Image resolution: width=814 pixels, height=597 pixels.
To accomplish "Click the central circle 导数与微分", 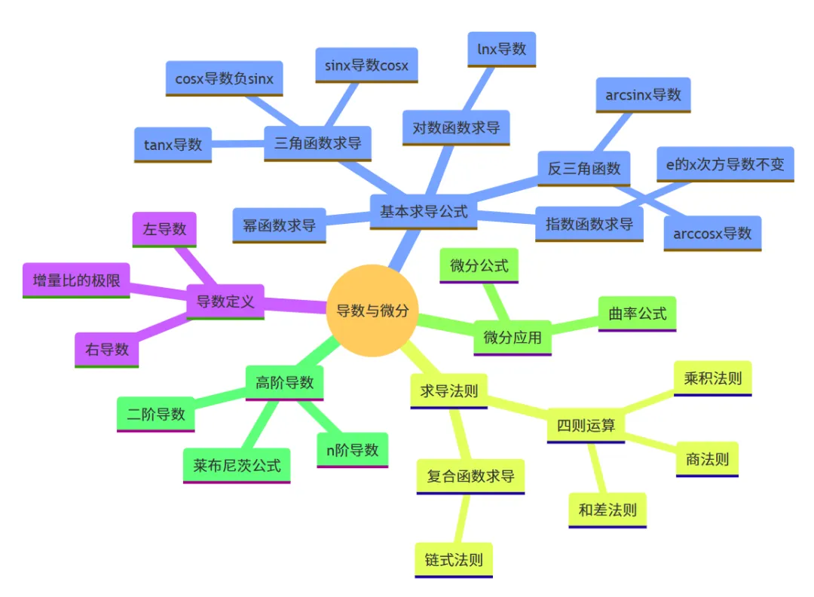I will coord(372,310).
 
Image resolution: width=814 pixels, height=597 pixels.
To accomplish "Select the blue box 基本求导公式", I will coord(424,211).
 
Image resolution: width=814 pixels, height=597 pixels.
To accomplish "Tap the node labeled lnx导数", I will coord(501,50).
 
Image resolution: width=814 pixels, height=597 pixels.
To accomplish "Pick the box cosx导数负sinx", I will coord(224,78).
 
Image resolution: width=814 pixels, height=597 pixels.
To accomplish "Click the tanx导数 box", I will coord(173,144).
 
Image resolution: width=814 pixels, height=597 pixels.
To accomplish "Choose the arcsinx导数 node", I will coord(643,95).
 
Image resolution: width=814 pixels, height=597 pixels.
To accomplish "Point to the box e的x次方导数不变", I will coord(725,164).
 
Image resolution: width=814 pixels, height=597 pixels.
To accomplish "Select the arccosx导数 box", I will coord(712,233).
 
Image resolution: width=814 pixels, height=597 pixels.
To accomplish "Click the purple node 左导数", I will coord(164,229).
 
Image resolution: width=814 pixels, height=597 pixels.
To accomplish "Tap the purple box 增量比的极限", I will coord(76,280).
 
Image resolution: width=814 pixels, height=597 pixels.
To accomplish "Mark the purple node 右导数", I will coord(107,349).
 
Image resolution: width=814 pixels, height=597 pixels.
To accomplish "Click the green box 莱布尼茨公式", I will coord(237,465).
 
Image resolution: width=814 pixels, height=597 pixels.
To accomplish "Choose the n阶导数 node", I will coord(352,450).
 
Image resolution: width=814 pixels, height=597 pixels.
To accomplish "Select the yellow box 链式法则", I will coord(454,560).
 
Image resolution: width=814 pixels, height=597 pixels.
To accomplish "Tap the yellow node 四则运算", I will coord(586,425).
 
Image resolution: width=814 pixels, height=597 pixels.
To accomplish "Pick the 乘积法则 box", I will coord(712,378).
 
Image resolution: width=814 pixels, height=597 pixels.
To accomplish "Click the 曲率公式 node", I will coord(638,314).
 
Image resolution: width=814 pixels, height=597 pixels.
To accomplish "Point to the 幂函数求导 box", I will coord(279,225).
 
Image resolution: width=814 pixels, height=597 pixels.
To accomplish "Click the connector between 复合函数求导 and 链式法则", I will coord(462,519).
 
